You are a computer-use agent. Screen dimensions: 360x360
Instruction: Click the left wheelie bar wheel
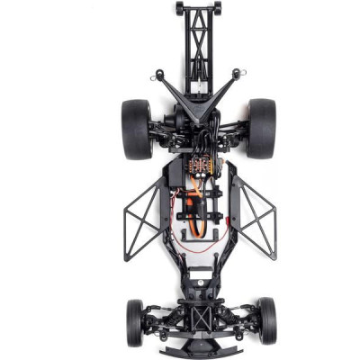[179, 7]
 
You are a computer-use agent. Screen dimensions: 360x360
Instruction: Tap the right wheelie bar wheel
[217, 7]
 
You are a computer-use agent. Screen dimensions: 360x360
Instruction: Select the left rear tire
[137, 128]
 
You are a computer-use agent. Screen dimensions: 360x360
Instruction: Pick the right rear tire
[262, 128]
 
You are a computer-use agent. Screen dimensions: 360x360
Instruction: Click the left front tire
[135, 320]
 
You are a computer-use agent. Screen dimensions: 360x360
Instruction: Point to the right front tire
[267, 320]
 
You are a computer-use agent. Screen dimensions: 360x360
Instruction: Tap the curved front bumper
[200, 346]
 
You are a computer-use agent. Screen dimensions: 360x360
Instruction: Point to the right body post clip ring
[238, 74]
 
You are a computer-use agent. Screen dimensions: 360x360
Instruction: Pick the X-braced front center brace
[200, 316]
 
